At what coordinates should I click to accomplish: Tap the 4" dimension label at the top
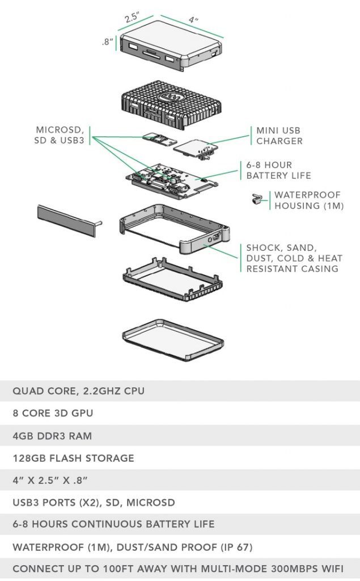point(193,20)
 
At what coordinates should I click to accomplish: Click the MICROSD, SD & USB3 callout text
point(60,134)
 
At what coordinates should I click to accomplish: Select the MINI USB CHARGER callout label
point(279,136)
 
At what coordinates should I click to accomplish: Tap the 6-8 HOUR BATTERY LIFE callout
point(278,170)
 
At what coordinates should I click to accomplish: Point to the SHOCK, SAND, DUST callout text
point(294,258)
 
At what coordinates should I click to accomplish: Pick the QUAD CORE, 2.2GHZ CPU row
point(78,391)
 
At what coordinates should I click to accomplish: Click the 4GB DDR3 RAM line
point(52,436)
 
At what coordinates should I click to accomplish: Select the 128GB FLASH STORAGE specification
point(73,458)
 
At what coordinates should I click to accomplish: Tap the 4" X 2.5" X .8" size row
point(50,480)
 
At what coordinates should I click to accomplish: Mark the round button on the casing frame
point(211,241)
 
